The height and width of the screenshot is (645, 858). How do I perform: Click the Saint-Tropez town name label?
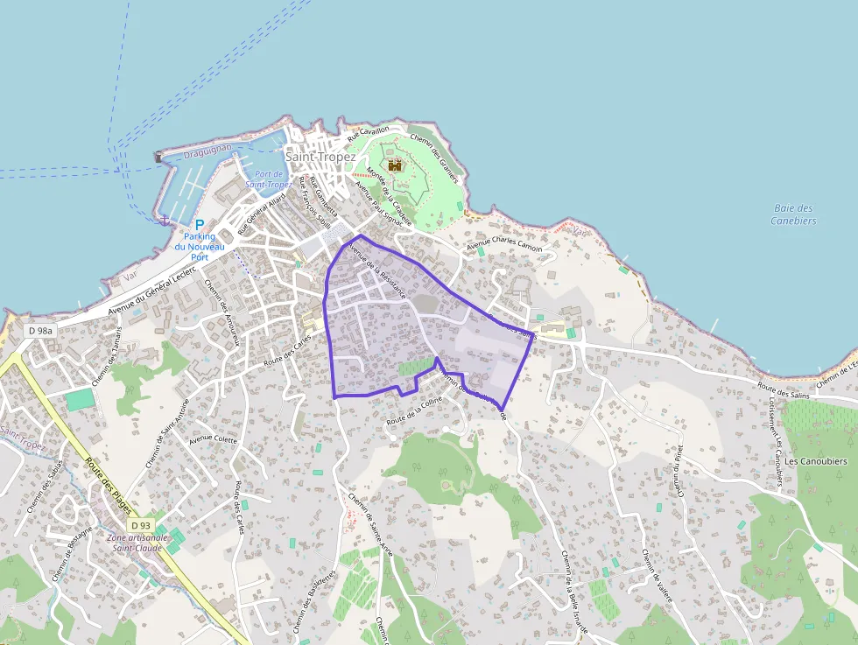tap(320, 157)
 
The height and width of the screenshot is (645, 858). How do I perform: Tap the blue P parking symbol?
tap(200, 225)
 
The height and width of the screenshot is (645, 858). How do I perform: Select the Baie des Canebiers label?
tap(794, 214)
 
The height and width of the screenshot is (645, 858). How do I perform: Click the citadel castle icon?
tap(395, 164)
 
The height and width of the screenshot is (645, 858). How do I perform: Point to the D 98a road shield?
tap(40, 331)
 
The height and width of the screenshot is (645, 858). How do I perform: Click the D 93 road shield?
tap(140, 525)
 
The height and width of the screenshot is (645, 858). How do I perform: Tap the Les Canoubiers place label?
tap(816, 461)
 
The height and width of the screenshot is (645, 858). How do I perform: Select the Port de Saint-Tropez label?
tap(268, 179)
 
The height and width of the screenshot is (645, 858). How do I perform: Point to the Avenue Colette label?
tap(214, 438)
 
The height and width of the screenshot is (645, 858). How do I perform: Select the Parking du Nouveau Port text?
tap(199, 246)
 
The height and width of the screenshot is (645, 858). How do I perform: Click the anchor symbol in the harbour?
tap(163, 220)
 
